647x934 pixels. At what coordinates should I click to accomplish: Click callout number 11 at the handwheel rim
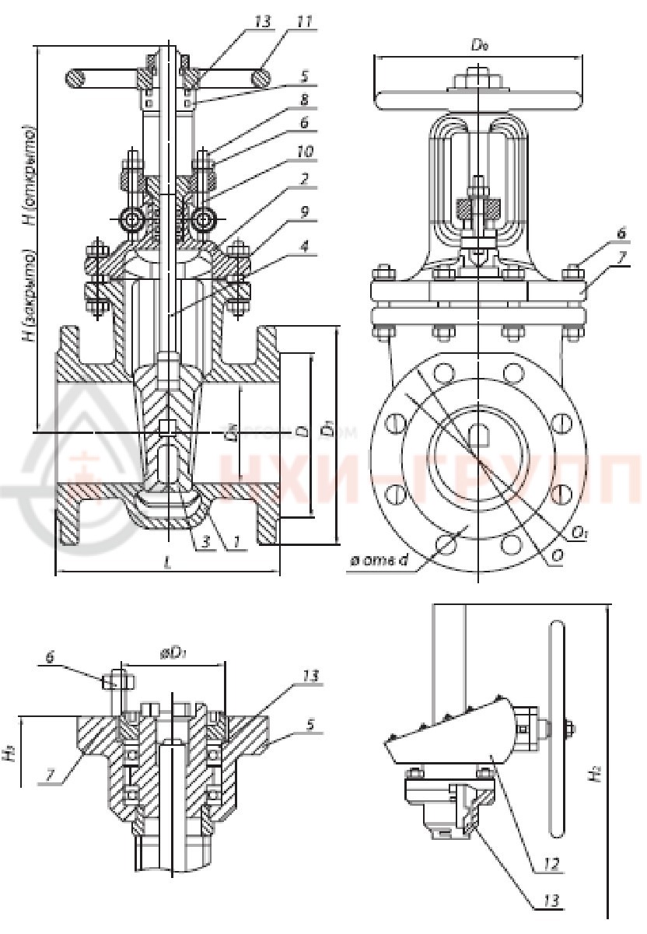point(305,21)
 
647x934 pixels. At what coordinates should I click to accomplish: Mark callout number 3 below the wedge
point(205,543)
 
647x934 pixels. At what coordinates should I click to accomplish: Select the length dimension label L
point(168,564)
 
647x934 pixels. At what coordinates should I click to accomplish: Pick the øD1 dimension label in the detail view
point(172,655)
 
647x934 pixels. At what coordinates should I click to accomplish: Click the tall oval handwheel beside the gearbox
point(557,728)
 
